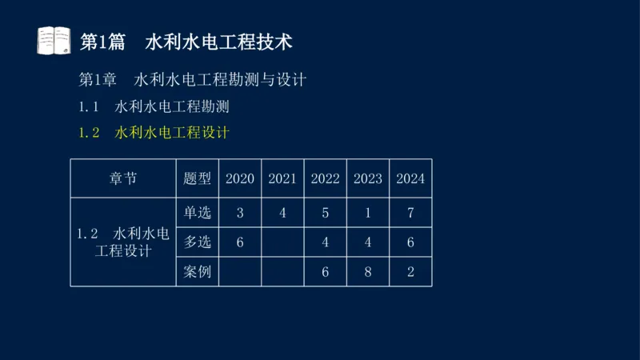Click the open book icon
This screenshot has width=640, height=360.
pyautogui.click(x=54, y=41)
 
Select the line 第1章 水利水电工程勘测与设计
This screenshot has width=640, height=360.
pyautogui.click(x=192, y=80)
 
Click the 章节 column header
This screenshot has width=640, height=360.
pyautogui.click(x=123, y=178)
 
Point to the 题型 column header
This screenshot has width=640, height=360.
pyautogui.click(x=198, y=178)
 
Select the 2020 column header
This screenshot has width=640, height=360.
pyautogui.click(x=240, y=178)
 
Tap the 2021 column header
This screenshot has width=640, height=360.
pyautogui.click(x=282, y=178)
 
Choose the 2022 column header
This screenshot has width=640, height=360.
pyautogui.click(x=326, y=178)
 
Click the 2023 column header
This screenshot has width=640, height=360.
pyautogui.click(x=368, y=178)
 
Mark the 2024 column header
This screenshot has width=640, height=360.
pyautogui.click(x=410, y=178)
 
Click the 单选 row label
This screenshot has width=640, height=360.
pyautogui.click(x=198, y=213)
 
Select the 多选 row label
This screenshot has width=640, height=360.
pyautogui.click(x=198, y=242)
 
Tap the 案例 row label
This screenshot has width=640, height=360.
pyautogui.click(x=198, y=271)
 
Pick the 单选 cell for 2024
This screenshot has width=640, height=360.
pyautogui.click(x=410, y=213)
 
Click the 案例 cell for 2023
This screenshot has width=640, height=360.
pyautogui.click(x=368, y=271)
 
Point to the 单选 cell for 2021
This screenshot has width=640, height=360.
pyautogui.click(x=282, y=213)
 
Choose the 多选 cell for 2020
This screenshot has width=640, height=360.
pyautogui.click(x=240, y=242)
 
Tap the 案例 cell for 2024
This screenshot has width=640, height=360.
pyautogui.click(x=410, y=271)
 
